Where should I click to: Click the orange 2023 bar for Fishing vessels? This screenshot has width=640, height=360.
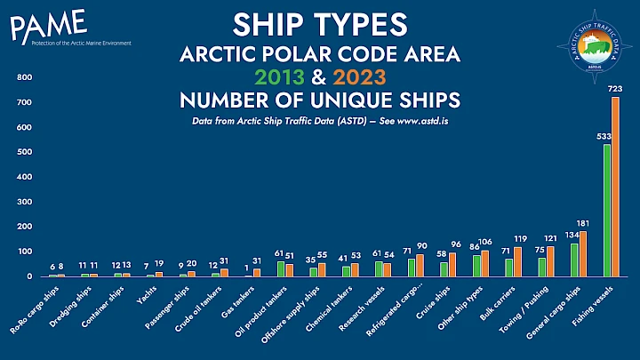(615, 187)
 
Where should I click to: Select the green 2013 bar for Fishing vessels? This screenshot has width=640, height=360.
(606, 210)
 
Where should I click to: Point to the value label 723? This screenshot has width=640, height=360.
(614, 90)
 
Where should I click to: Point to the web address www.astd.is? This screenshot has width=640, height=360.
(416, 119)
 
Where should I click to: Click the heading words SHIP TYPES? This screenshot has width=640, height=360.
(320, 24)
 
